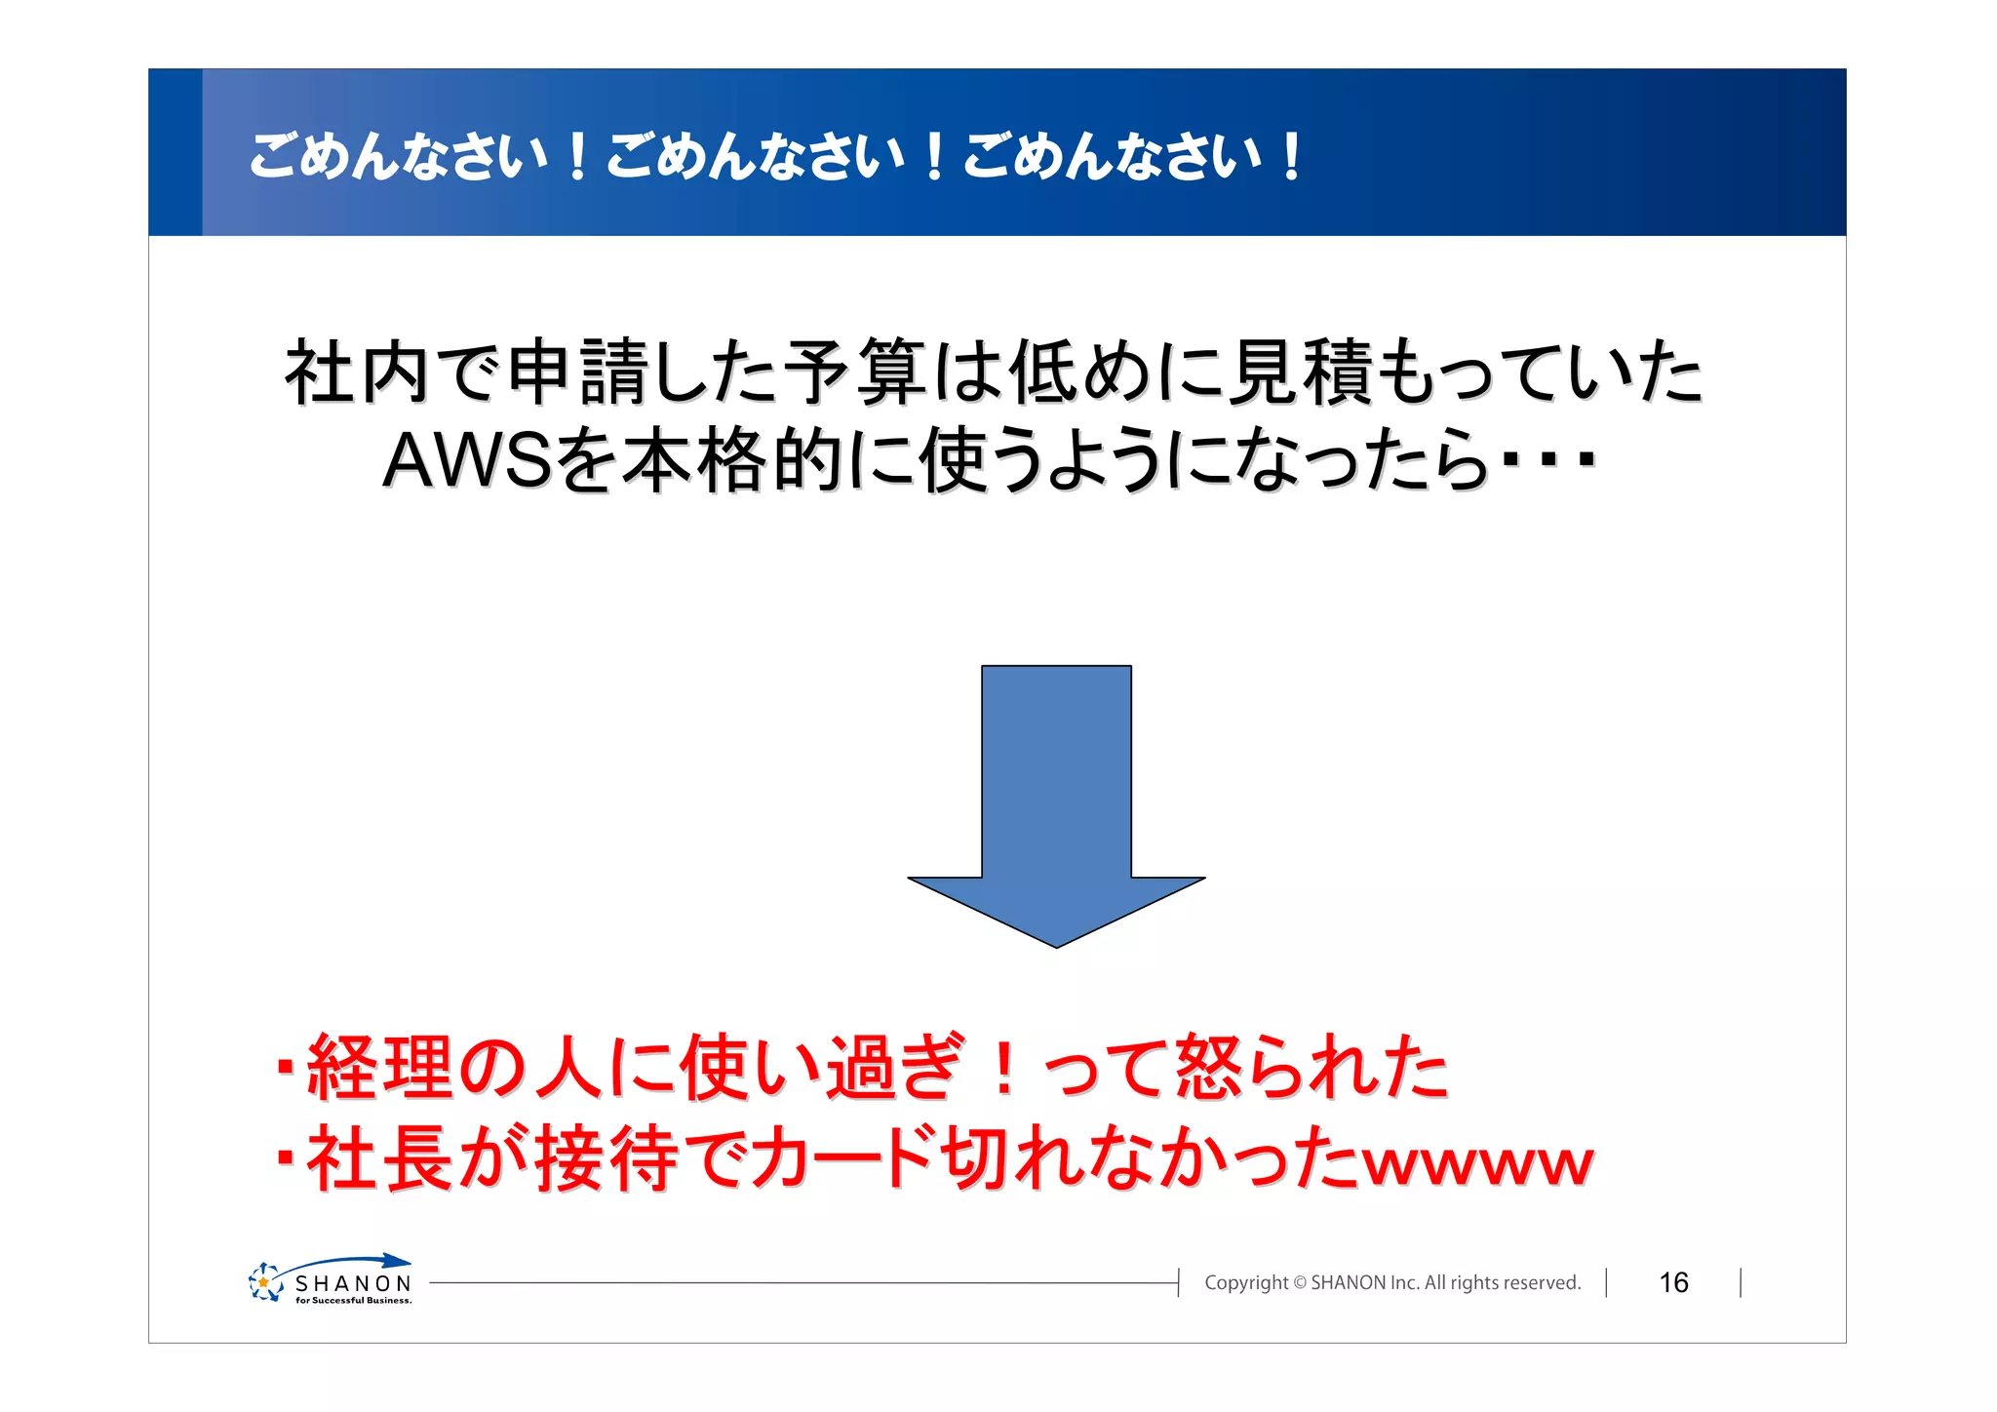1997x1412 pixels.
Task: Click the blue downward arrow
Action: point(1056,800)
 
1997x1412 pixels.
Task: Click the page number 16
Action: point(1673,1282)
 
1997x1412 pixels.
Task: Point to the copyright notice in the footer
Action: point(1391,1282)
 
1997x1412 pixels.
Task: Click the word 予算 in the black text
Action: point(855,373)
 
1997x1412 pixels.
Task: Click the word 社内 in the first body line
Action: point(356,373)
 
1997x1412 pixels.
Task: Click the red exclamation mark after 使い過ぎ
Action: point(1002,1068)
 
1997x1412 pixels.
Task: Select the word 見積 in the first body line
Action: point(1298,373)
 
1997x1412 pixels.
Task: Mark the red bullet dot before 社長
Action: point(285,1157)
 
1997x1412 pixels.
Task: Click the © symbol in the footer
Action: point(1299,1283)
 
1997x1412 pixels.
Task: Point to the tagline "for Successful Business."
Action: point(353,1300)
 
